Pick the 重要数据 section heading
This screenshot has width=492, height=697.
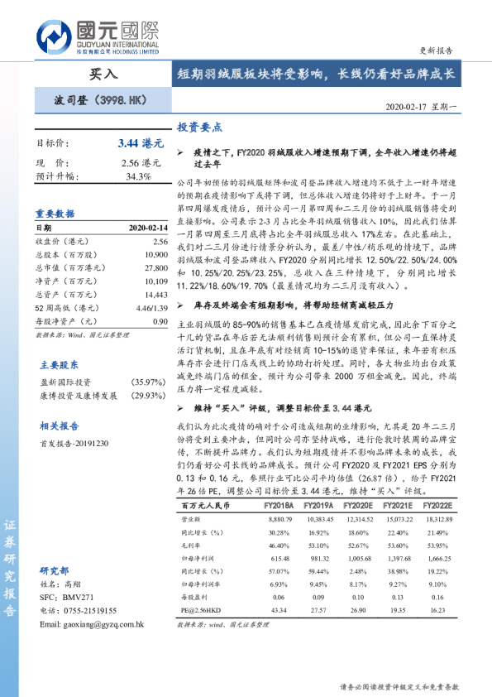[55, 212]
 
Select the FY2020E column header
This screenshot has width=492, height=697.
[358, 505]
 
